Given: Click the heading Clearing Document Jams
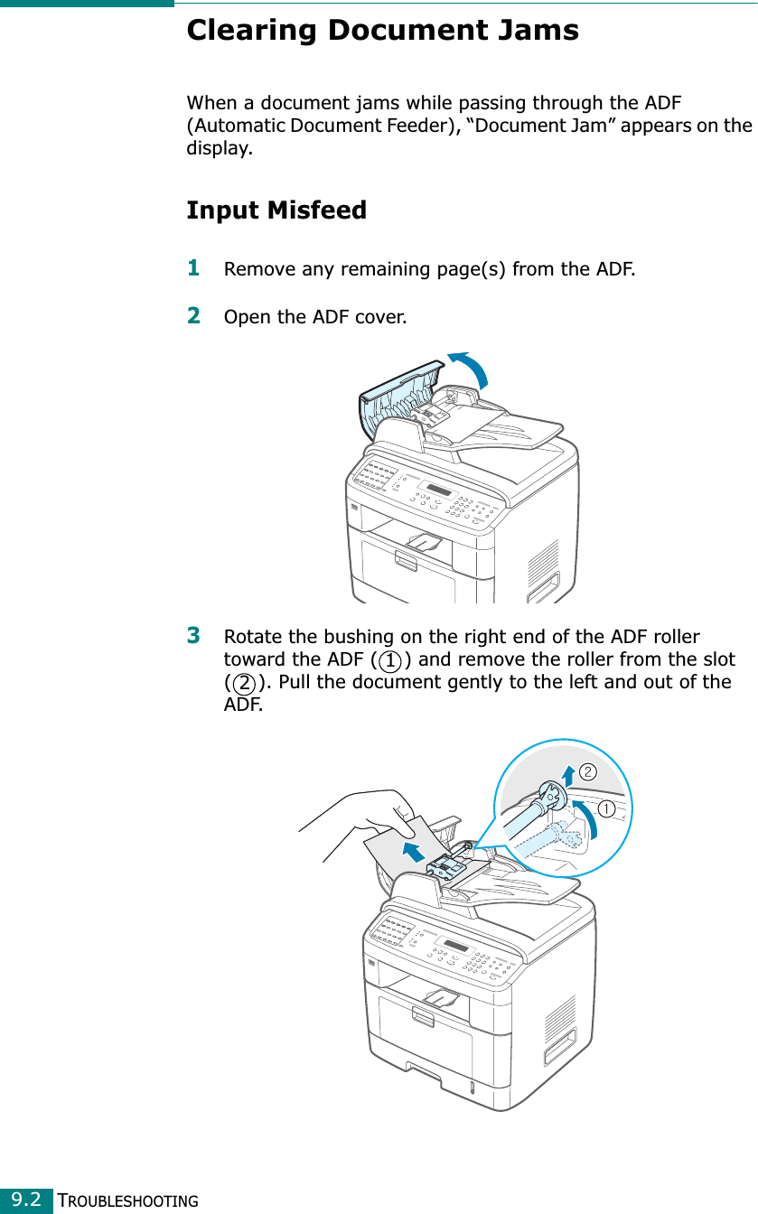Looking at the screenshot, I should [382, 31].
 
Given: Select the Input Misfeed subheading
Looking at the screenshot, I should [276, 210].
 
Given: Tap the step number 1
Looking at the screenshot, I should [193, 267].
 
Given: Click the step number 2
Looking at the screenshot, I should [193, 316].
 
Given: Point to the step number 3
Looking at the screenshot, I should [193, 634].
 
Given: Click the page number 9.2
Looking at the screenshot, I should [27, 1200].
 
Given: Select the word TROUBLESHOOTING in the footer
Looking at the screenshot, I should [127, 1200].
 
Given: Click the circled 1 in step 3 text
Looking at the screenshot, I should [390, 659].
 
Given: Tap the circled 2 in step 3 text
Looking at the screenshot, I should [243, 682].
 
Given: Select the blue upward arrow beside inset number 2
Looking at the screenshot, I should [566, 776].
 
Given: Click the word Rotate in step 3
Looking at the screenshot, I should [251, 637].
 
